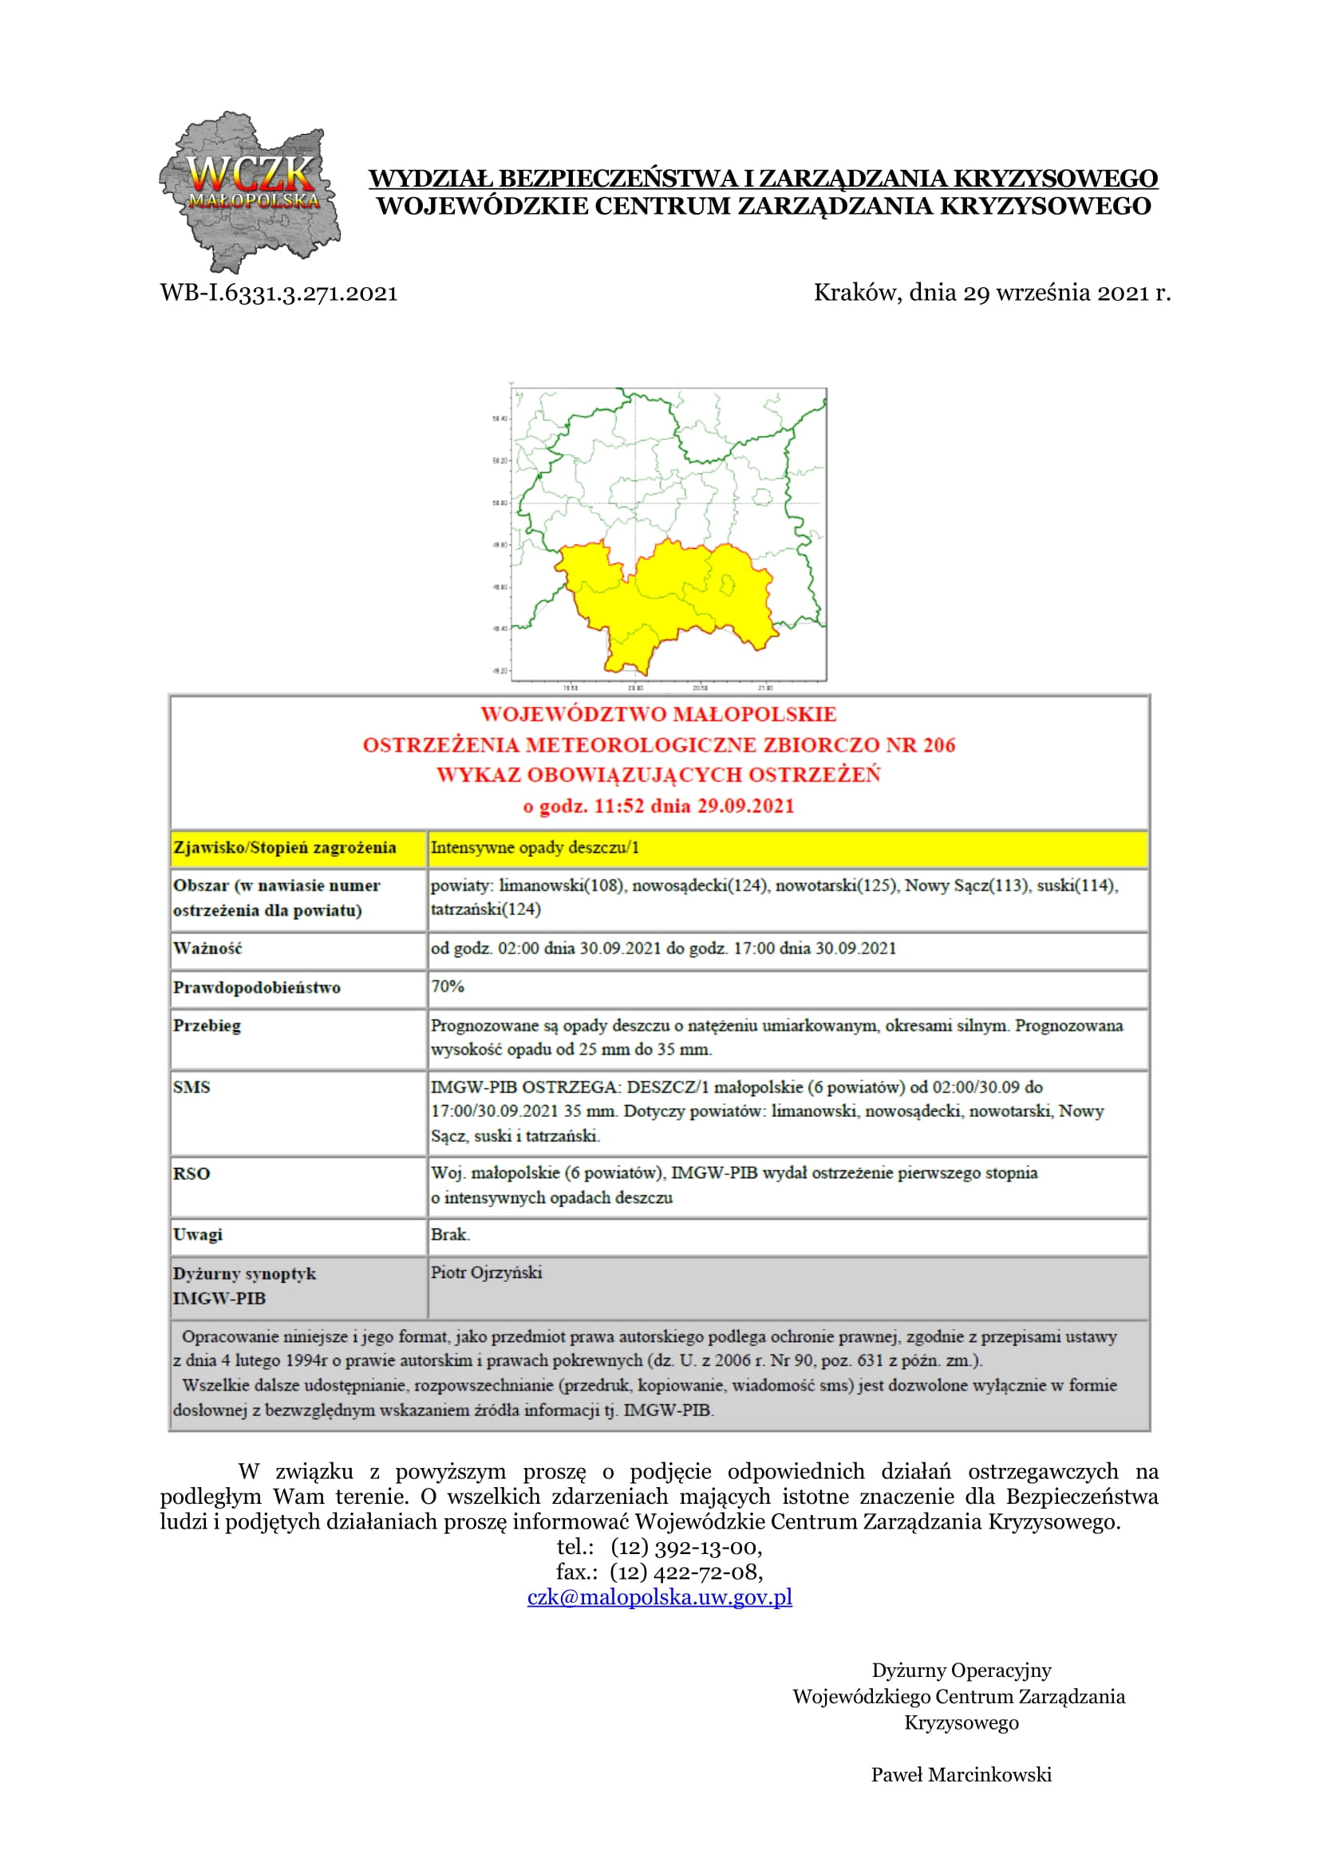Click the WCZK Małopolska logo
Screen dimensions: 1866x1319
(x=249, y=191)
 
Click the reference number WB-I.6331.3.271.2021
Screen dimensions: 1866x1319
(x=278, y=294)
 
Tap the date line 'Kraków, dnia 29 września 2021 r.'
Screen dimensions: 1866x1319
(x=992, y=293)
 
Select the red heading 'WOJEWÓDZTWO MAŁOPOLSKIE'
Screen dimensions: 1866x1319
(x=658, y=714)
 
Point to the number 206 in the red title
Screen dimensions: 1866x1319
(x=938, y=745)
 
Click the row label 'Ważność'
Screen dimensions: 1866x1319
(x=207, y=949)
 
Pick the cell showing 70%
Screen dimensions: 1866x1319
(x=448, y=987)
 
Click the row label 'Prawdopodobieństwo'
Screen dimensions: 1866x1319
(x=257, y=988)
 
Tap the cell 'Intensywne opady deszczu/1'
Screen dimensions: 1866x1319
(x=535, y=848)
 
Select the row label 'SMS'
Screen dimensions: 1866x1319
(x=192, y=1087)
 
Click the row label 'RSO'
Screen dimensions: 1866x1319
(x=192, y=1174)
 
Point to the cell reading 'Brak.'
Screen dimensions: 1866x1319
(x=450, y=1234)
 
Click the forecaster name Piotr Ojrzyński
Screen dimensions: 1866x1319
(x=486, y=1272)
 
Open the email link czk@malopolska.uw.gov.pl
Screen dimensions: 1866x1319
(x=659, y=1597)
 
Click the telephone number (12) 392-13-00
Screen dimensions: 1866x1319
(x=686, y=1547)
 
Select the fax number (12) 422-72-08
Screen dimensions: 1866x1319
(x=686, y=1572)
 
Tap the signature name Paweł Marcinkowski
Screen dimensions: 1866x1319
(x=961, y=1774)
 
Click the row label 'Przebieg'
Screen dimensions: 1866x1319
(x=207, y=1026)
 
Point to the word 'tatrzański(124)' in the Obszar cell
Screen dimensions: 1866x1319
(x=485, y=909)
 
